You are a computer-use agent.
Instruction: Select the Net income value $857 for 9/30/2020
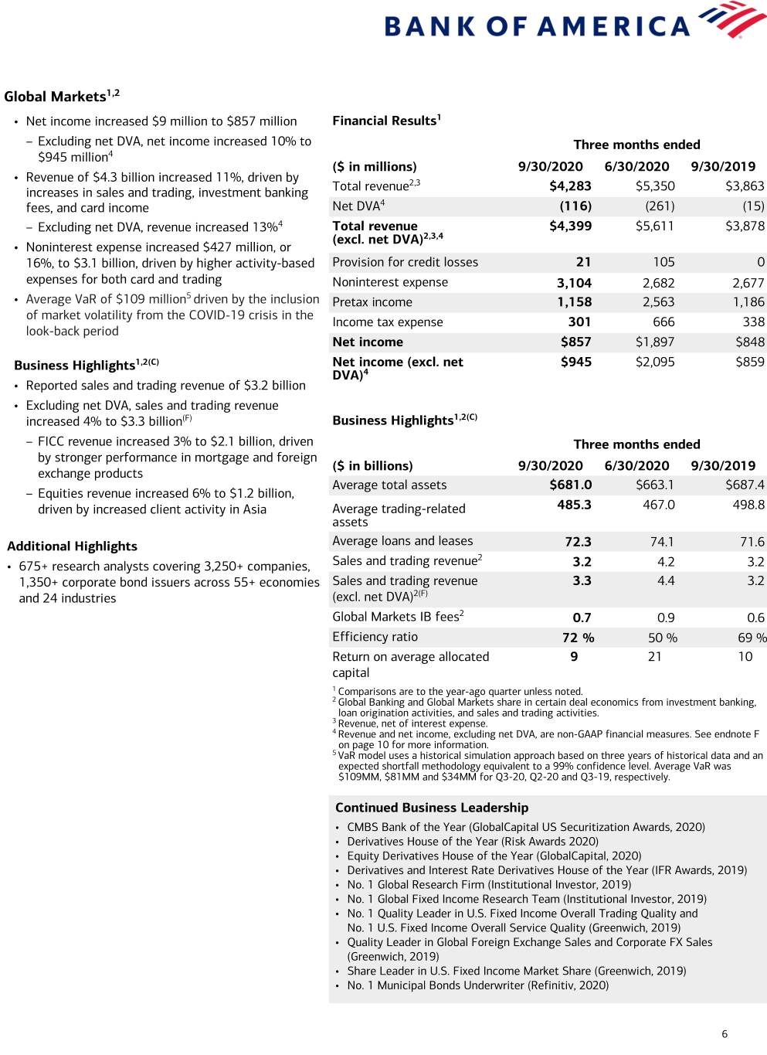(575, 342)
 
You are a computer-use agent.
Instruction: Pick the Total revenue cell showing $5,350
(654, 186)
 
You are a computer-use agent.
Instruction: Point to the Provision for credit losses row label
(405, 262)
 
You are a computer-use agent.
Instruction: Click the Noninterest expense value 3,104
(574, 283)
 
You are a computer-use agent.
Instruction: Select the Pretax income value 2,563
(658, 302)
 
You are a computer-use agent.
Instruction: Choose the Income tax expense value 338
(748, 322)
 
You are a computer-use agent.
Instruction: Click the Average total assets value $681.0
(570, 485)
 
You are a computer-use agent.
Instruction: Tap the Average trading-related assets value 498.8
(748, 505)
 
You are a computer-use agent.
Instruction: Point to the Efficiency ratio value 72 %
(578, 638)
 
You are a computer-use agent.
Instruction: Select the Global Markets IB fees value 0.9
(665, 618)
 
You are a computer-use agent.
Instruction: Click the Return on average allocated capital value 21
(654, 657)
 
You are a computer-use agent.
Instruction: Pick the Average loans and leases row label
(402, 541)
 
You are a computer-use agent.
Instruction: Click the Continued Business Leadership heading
(432, 808)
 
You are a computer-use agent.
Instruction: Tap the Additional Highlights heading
(72, 546)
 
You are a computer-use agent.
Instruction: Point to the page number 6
(724, 1034)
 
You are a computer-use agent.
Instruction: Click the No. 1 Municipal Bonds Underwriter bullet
(477, 985)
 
